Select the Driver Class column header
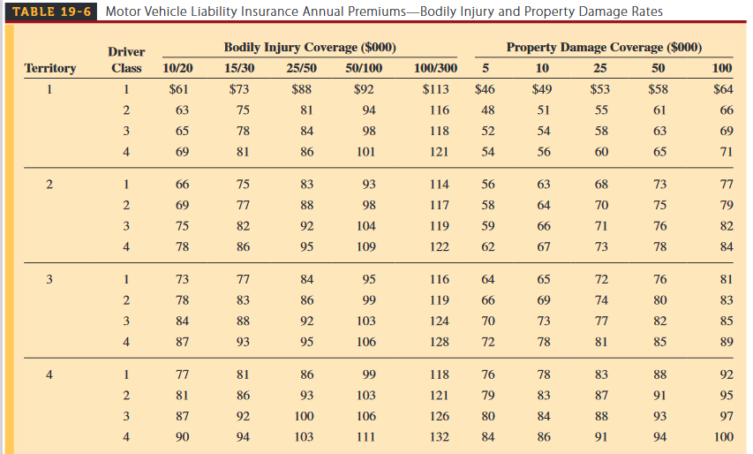coord(126,60)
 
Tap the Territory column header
coord(50,68)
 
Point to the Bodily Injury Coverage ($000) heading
coord(310,47)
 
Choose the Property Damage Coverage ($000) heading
coord(605,47)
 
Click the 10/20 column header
coord(180,68)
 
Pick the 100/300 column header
coord(435,68)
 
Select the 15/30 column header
coord(240,68)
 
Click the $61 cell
coord(179,88)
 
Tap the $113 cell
coord(435,88)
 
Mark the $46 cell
coord(485,88)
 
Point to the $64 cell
coord(723,88)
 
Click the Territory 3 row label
coord(50,279)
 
